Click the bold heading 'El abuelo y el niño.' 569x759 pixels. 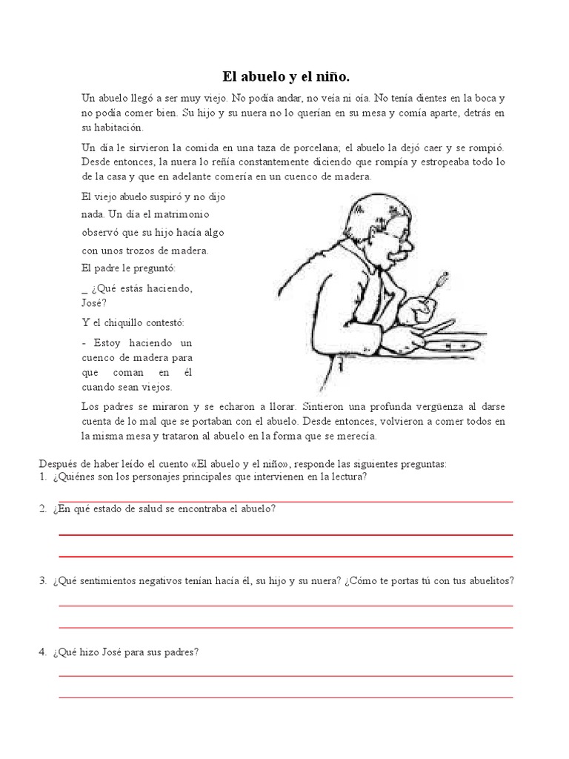coord(284,76)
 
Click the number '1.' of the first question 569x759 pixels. coord(44,477)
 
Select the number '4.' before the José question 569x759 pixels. coord(44,652)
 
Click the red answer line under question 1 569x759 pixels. coord(285,502)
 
